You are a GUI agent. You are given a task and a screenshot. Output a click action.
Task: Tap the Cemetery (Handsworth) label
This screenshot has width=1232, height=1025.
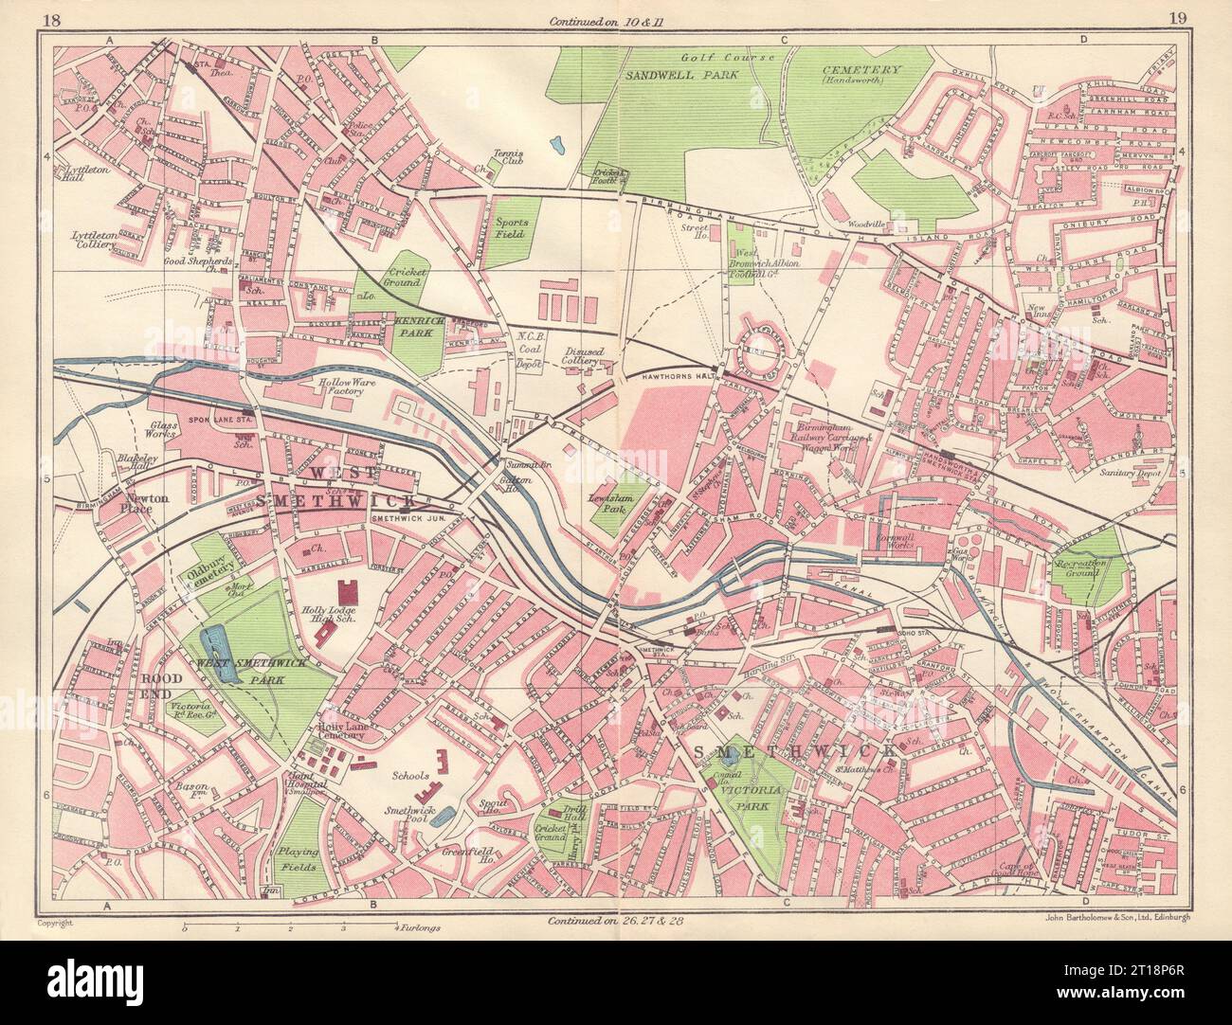[x=860, y=76]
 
